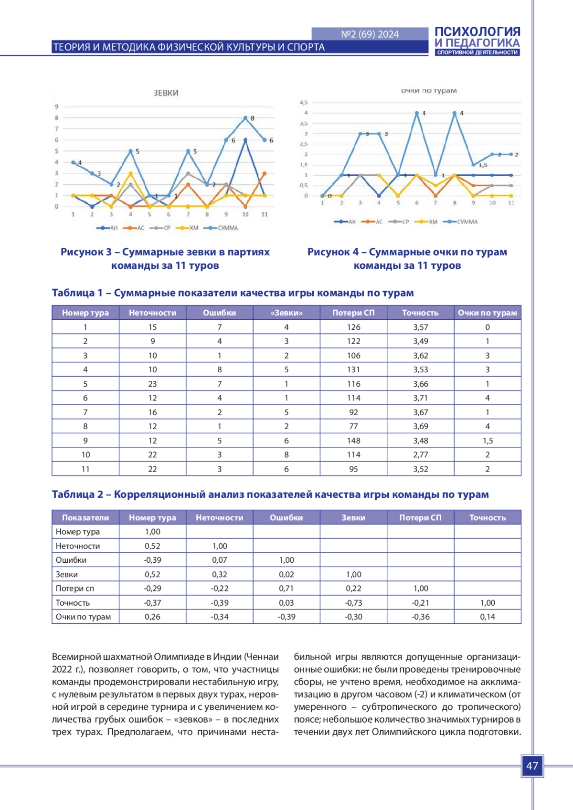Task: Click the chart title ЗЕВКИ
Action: [x=166, y=93]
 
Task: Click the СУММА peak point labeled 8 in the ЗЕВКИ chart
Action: [x=245, y=118]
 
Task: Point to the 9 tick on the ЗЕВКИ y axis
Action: [x=56, y=106]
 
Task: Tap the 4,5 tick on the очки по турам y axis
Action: [x=304, y=102]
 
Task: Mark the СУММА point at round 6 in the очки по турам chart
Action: [x=417, y=113]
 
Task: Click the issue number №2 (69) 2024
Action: [x=370, y=34]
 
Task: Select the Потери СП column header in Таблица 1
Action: [x=353, y=313]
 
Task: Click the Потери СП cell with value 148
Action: [x=353, y=441]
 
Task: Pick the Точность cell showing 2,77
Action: [x=421, y=454]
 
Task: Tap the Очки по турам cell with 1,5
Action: [x=488, y=441]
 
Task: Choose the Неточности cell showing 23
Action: [x=152, y=384]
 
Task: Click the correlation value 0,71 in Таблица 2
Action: [x=286, y=589]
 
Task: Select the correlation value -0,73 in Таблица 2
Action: [x=353, y=603]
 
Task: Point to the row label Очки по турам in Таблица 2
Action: [x=83, y=617]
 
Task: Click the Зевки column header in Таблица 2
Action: [x=353, y=517]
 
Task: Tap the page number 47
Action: [x=532, y=766]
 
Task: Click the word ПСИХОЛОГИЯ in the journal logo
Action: [x=477, y=32]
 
